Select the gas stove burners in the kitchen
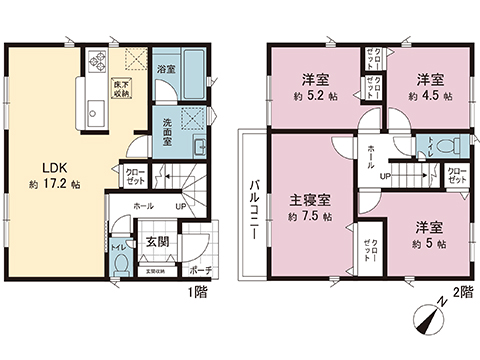click(x=98, y=61)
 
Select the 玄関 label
click(x=155, y=241)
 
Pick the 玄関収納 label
click(x=158, y=269)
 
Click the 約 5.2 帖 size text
click(x=313, y=96)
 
